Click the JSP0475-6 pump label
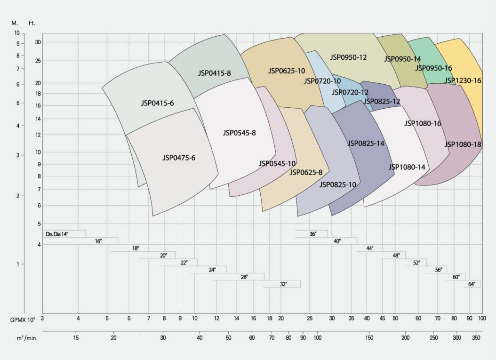point(179,158)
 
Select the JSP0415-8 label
point(214,73)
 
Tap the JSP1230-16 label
point(463,80)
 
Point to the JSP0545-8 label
point(239,133)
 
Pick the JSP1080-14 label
point(407,167)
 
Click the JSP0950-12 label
point(348,57)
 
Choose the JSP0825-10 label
point(337,184)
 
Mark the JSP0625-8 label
point(306,172)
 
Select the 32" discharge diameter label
point(283,284)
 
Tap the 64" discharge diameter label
point(472,284)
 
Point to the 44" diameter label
point(369,248)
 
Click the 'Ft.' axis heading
point(32,23)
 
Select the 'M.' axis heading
point(15,23)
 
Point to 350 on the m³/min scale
point(477,338)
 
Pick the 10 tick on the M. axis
point(17,33)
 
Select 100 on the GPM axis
point(482,319)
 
